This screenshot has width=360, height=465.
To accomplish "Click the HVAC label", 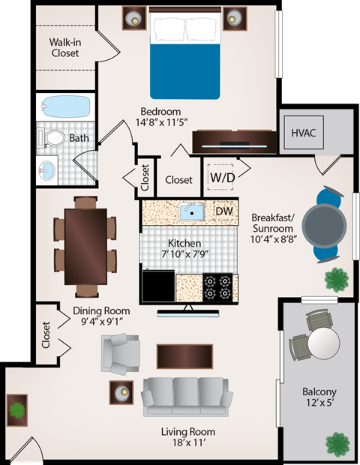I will pos(304,133).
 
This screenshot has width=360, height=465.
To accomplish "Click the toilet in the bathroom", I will pos(52,139).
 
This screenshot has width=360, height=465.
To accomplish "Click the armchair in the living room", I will pos(120,350).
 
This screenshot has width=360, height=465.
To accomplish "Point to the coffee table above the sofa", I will pos(184,355).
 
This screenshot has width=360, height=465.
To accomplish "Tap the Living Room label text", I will pos(188,432).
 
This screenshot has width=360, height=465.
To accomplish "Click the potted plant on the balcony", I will pos(337,442).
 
